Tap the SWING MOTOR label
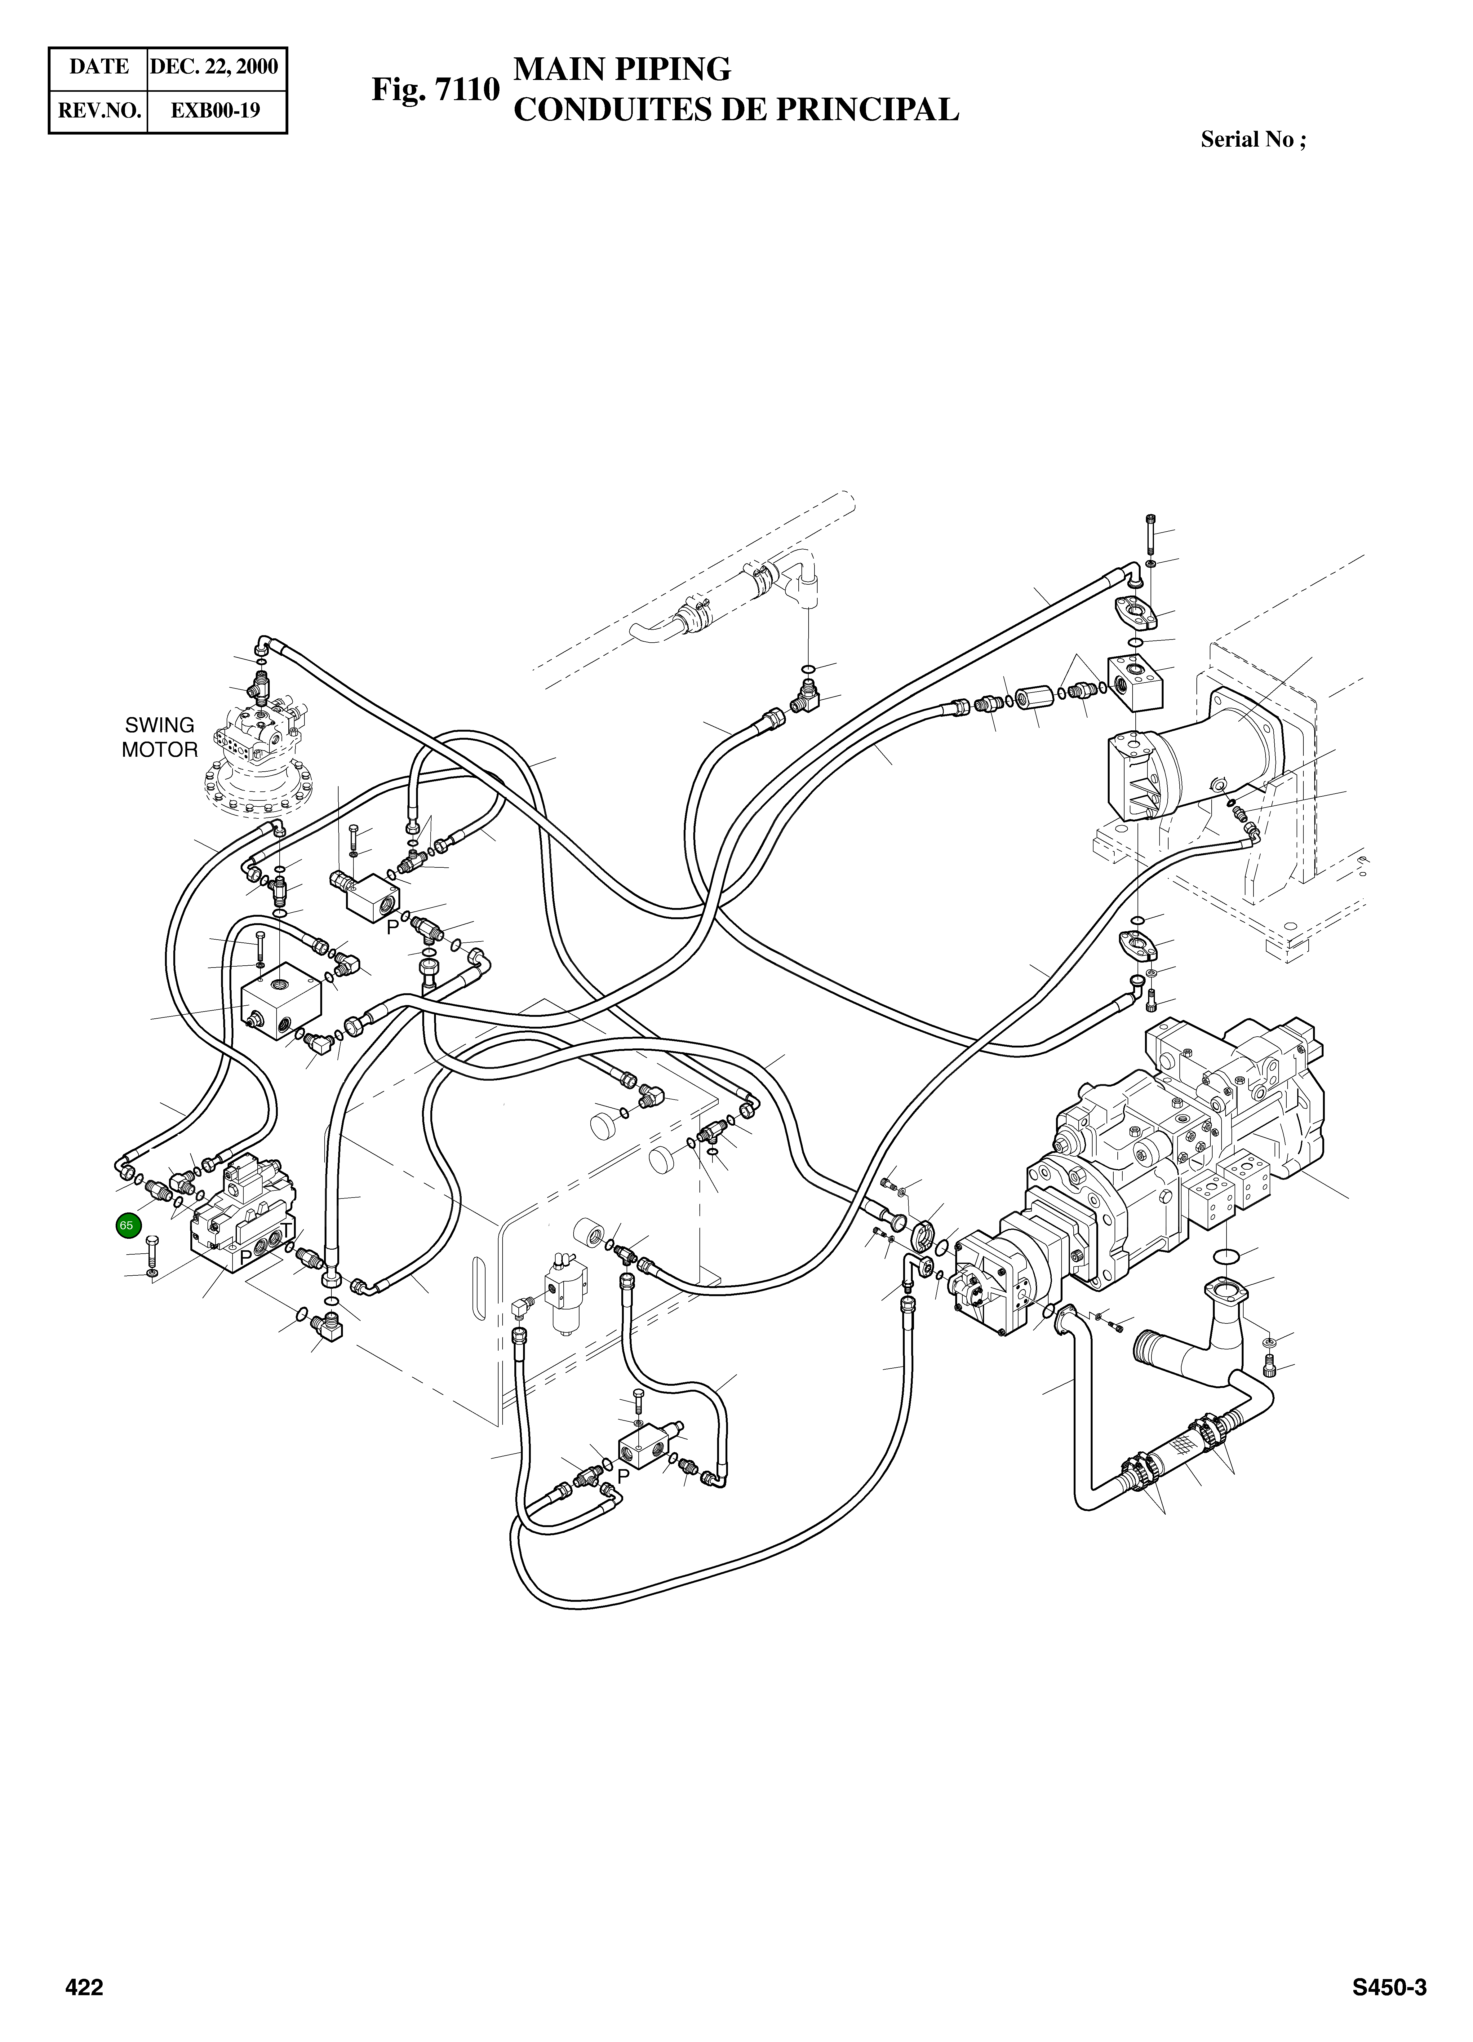click(159, 738)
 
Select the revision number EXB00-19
click(216, 111)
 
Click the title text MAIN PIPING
click(621, 69)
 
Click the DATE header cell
click(99, 67)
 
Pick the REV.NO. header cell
click(99, 111)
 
